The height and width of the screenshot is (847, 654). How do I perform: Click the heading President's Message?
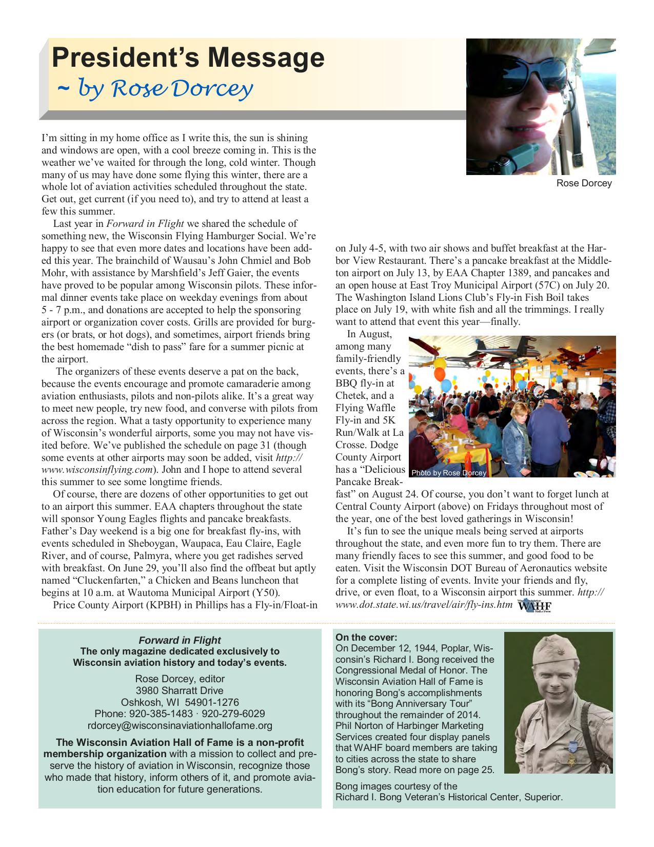pos(188,58)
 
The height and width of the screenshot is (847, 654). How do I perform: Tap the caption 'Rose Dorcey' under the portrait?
pos(584,183)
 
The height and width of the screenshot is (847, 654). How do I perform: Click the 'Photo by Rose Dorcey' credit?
pos(448,473)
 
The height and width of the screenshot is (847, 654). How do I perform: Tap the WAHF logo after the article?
pos(534,606)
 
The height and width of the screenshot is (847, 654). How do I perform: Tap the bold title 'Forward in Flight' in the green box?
pos(180,640)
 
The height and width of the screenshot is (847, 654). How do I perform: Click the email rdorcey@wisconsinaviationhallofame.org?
pos(180,725)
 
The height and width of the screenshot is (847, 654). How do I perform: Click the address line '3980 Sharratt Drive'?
pos(180,690)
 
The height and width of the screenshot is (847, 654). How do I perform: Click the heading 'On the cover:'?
pos(366,638)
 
